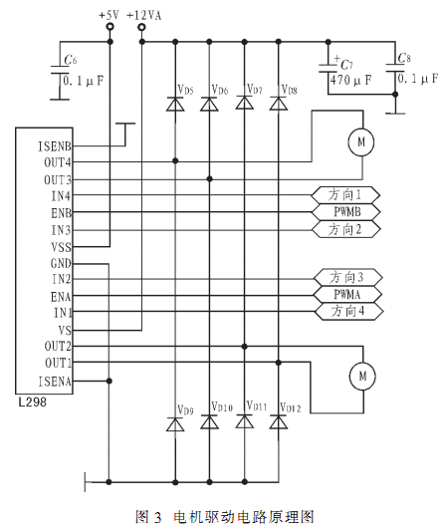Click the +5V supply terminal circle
click(110, 27)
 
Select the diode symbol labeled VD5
click(175, 104)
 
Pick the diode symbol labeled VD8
click(279, 104)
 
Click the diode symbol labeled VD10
click(209, 421)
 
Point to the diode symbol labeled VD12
click(279, 422)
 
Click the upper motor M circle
click(361, 141)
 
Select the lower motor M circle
click(362, 377)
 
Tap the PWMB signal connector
click(345, 212)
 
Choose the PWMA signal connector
click(348, 295)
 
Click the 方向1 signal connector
click(345, 195)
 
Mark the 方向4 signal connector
click(348, 311)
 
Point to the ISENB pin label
click(55, 146)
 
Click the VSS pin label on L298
click(62, 247)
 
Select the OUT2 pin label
click(58, 347)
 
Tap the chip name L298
click(33, 402)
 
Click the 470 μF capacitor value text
click(350, 80)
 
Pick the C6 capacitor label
click(71, 60)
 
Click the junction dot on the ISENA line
click(110, 381)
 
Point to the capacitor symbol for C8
click(395, 68)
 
